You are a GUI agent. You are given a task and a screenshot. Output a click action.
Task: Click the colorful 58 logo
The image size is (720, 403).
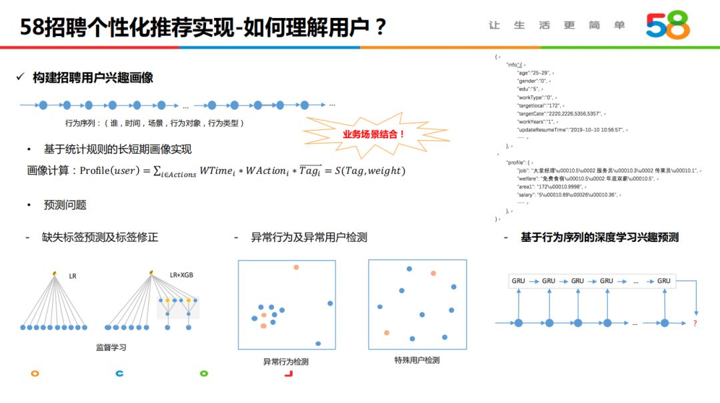click(667, 25)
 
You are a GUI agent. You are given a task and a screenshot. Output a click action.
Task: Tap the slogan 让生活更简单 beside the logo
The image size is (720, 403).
click(557, 25)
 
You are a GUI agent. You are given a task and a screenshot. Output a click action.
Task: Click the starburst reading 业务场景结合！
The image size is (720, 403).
click(374, 134)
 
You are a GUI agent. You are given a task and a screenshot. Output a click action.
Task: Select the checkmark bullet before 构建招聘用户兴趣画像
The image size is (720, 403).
click(21, 78)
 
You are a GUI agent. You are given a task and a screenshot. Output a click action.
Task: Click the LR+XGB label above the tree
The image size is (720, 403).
click(181, 274)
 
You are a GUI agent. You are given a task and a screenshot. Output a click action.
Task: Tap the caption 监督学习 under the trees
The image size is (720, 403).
click(111, 347)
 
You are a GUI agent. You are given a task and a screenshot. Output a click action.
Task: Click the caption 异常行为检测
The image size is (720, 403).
click(286, 362)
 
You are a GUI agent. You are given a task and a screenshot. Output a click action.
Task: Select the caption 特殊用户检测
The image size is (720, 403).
click(417, 360)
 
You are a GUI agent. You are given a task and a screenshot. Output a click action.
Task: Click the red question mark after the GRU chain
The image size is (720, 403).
click(695, 323)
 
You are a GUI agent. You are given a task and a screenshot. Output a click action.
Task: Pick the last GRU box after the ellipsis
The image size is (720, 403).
click(663, 281)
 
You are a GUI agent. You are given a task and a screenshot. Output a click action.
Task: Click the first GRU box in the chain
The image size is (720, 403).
click(518, 281)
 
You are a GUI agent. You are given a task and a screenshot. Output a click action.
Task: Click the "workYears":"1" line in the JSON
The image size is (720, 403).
click(536, 122)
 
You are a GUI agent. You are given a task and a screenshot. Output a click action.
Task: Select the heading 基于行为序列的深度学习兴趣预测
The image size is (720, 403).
click(599, 237)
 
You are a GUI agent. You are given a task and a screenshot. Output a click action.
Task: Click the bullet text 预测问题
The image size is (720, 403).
click(65, 205)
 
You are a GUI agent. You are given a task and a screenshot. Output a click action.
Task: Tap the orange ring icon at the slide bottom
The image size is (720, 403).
click(35, 374)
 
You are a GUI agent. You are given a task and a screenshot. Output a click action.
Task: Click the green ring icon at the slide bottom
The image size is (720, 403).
click(204, 374)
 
